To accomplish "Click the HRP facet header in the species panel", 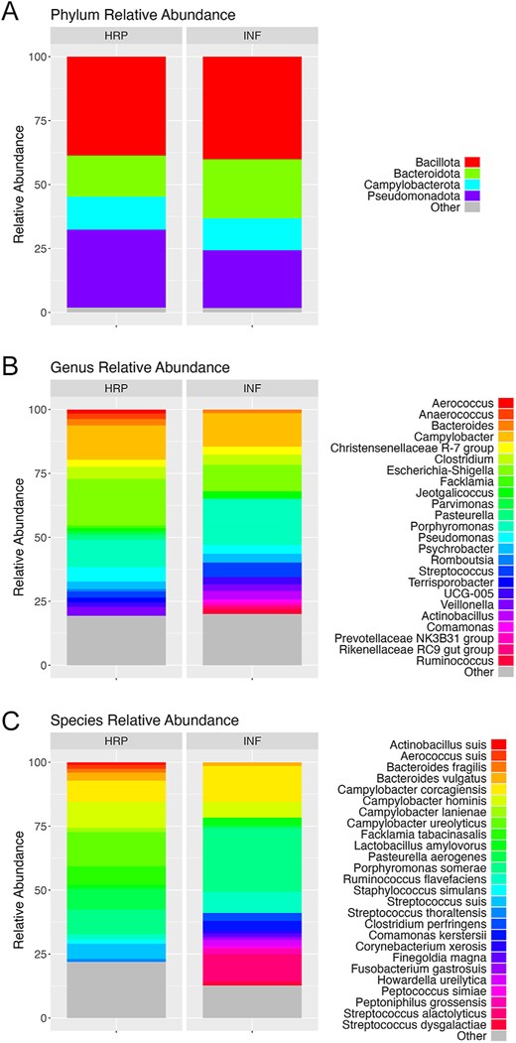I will (x=116, y=741).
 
